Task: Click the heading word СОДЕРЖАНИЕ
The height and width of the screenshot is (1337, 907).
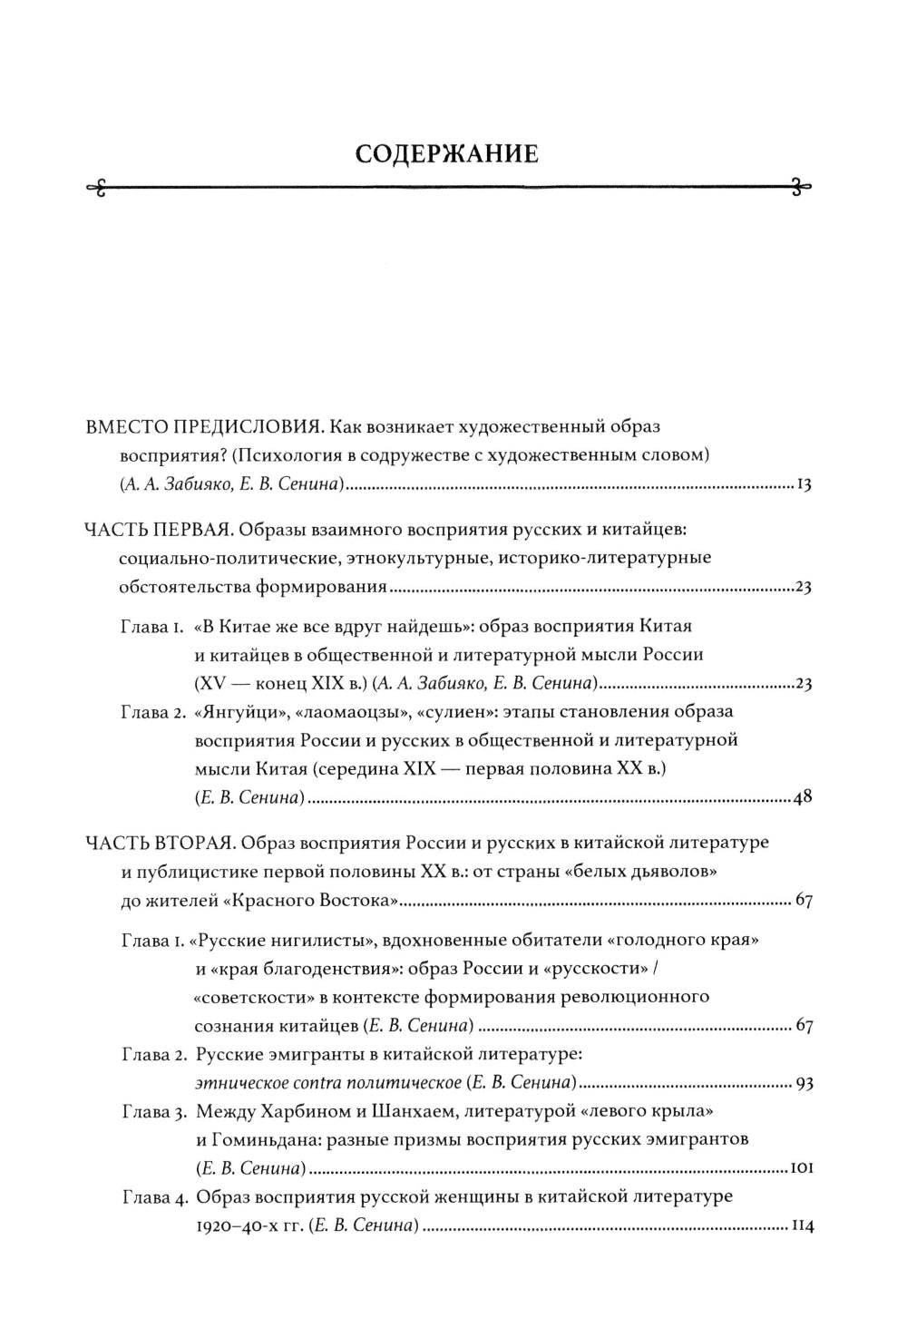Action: point(446,153)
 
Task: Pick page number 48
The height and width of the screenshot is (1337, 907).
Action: point(802,798)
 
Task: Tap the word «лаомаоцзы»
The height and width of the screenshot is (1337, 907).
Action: point(341,712)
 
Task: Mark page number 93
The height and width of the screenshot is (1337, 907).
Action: point(802,1084)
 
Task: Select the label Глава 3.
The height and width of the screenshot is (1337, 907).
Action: point(153,1111)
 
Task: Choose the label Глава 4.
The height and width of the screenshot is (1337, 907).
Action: point(153,1198)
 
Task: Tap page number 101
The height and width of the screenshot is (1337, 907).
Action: point(800,1169)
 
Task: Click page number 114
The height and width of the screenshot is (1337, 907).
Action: point(801,1227)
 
